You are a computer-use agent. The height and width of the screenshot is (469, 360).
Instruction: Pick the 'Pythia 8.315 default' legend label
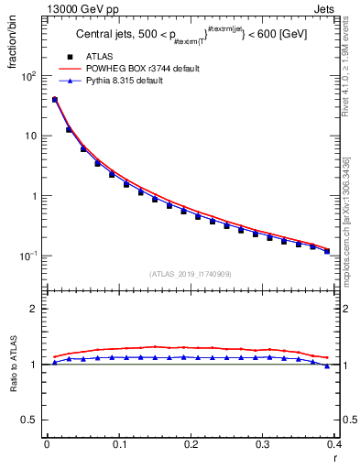[x=136, y=81]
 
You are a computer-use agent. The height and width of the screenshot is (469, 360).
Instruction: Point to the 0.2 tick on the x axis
[x=190, y=444]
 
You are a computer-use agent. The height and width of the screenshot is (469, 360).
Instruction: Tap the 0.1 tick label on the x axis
[x=118, y=444]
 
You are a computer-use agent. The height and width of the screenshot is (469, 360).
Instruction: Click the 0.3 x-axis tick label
[x=262, y=444]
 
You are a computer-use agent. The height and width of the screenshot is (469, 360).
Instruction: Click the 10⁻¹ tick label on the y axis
[x=27, y=256]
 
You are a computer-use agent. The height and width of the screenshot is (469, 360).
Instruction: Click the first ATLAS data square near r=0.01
[x=54, y=100]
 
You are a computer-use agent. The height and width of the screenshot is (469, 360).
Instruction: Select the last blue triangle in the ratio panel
[x=326, y=365]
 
